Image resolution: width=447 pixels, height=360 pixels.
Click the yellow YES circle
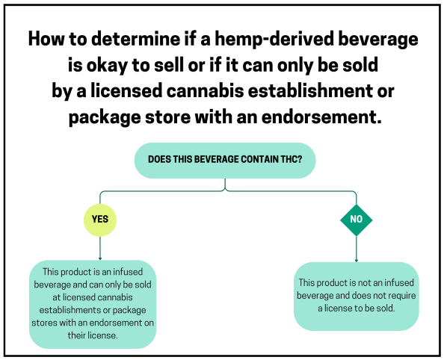point(99,220)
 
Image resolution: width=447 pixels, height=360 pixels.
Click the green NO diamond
point(356,220)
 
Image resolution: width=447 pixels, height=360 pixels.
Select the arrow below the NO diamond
point(356,249)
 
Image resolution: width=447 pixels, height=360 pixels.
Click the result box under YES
point(93,303)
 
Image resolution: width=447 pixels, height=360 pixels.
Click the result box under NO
point(355,296)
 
